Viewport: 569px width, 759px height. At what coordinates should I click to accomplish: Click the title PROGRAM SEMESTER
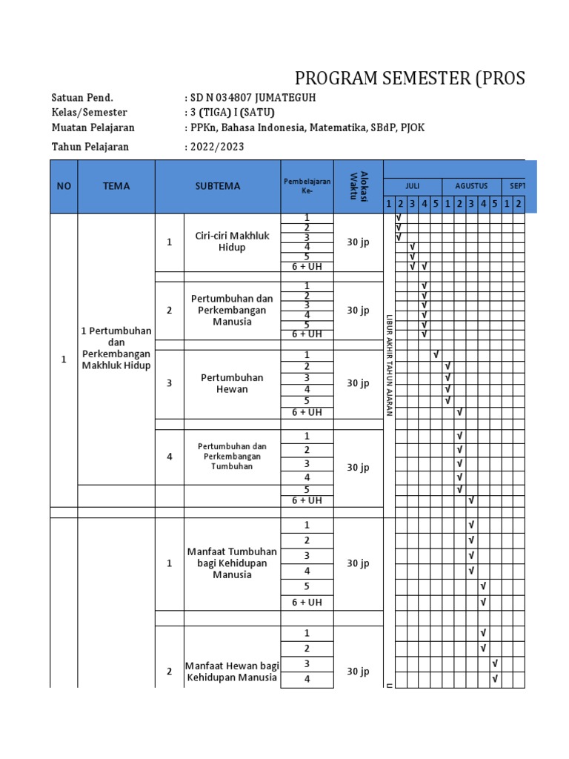coord(410,79)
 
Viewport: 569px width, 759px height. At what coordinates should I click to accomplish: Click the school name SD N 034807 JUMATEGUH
coord(256,98)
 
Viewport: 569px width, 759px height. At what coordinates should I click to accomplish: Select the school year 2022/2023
coord(216,147)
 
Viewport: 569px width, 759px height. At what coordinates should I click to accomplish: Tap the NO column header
coord(64,186)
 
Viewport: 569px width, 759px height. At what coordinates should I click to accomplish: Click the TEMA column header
coord(116,186)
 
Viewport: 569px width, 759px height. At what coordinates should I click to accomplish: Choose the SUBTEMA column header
coord(218,186)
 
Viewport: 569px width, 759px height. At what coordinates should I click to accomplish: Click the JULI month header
coord(412,186)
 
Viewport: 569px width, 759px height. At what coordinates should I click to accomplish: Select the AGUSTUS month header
coord(471,186)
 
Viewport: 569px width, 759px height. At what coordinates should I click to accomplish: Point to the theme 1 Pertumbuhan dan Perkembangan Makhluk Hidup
coord(116,348)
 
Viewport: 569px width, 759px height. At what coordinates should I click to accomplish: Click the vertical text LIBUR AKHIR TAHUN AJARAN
coord(388,364)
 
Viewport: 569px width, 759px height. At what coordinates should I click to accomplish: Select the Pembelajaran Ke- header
coord(307,185)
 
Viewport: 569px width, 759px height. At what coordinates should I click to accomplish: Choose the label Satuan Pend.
coord(82,98)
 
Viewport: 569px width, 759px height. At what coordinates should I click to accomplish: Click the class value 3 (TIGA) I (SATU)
coord(232,113)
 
